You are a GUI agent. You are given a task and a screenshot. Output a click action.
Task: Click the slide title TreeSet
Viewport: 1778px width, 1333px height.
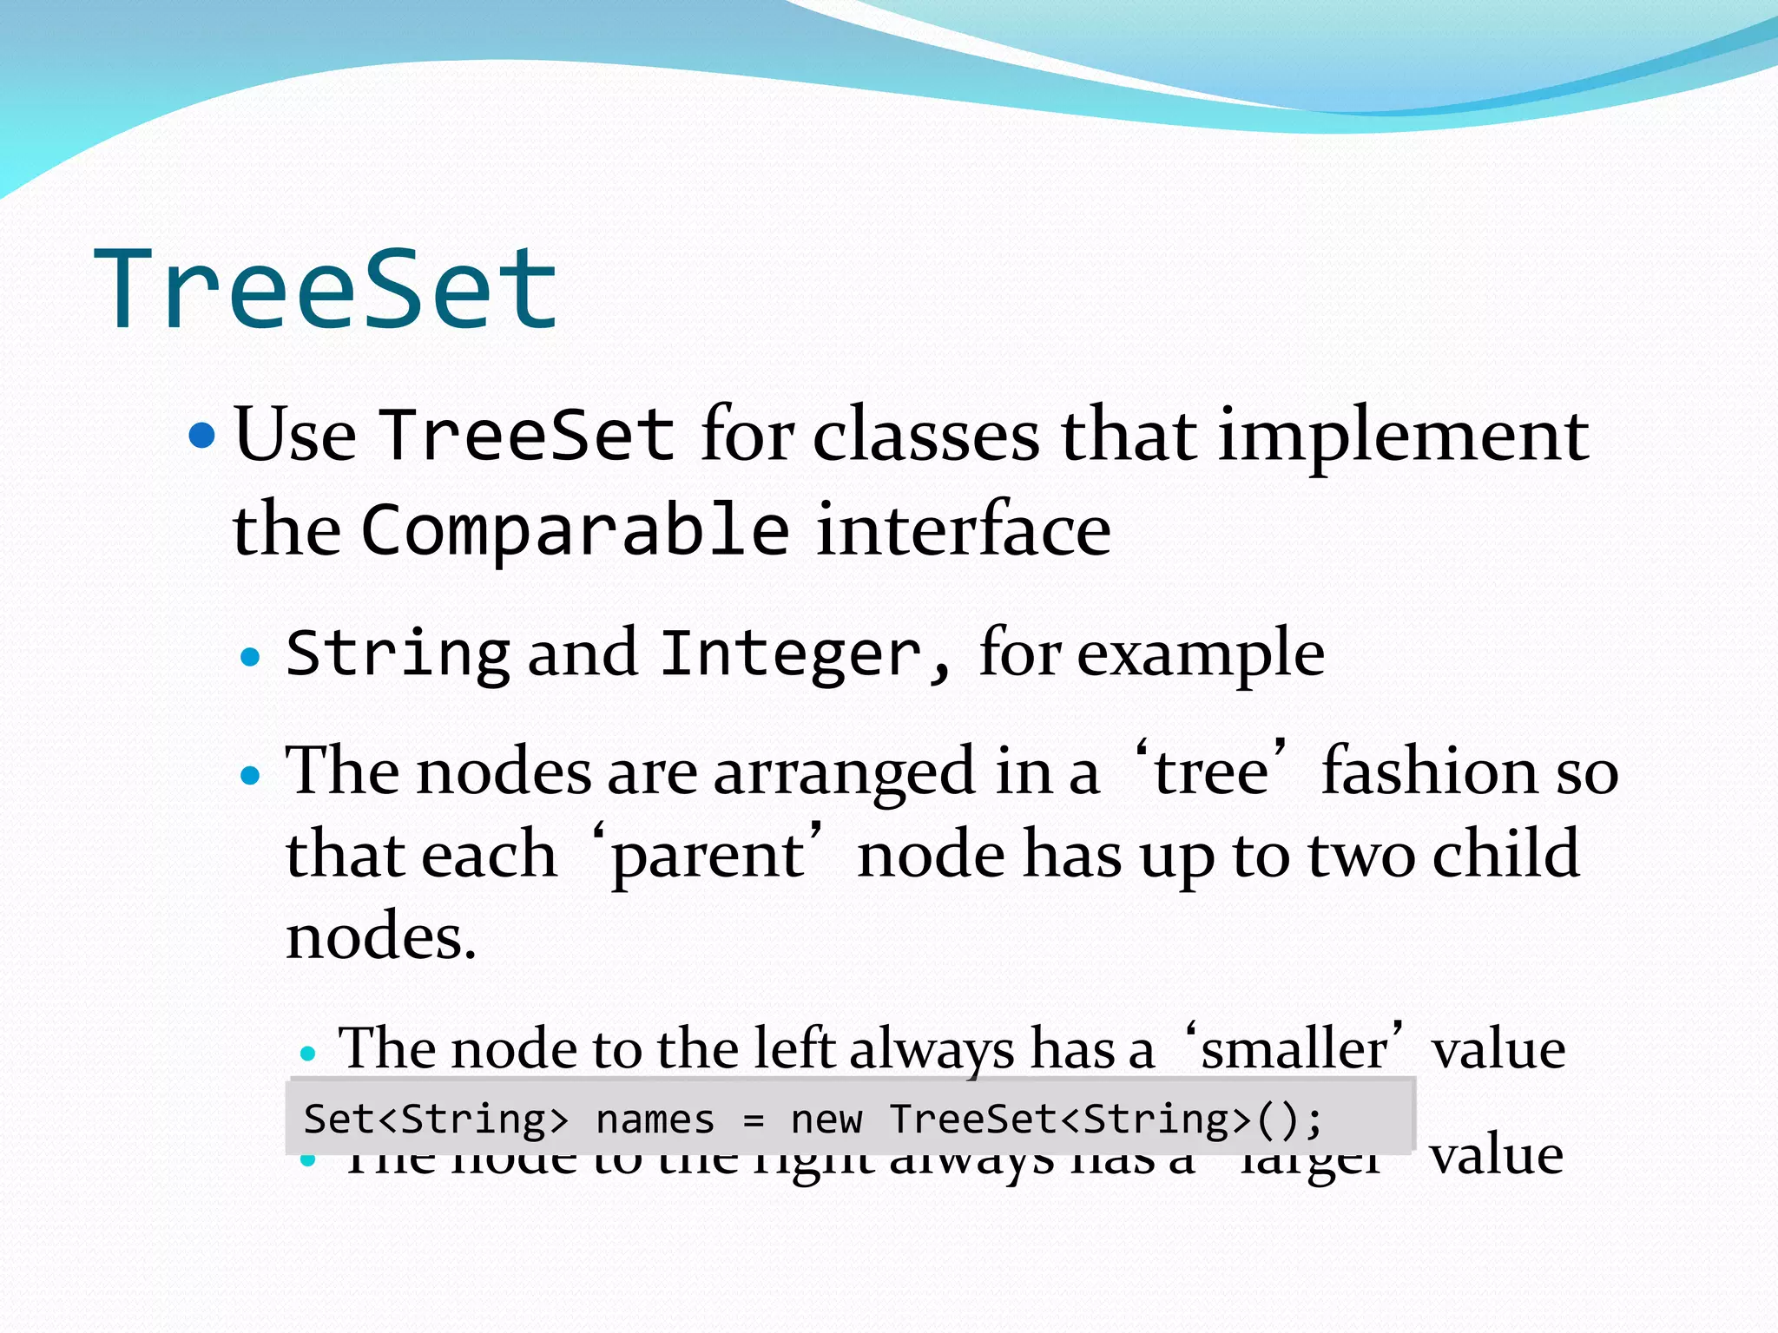click(x=326, y=289)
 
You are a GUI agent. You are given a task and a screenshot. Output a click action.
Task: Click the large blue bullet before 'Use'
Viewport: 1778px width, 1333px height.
click(x=201, y=435)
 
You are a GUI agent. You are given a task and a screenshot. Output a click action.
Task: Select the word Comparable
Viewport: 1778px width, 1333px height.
click(x=575, y=530)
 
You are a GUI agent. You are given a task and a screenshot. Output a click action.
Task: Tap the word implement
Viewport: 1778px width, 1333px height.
click(x=1403, y=437)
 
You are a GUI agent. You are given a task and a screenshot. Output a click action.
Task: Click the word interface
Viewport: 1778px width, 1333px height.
click(x=963, y=530)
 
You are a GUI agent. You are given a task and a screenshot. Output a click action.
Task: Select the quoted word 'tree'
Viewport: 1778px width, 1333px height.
click(x=1210, y=771)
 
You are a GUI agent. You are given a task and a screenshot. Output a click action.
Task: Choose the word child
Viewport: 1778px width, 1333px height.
click(x=1505, y=854)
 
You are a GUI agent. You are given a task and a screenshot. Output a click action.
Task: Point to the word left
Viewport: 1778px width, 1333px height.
click(x=794, y=1049)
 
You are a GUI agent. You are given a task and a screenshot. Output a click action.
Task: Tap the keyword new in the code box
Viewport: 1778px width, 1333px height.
click(x=826, y=1120)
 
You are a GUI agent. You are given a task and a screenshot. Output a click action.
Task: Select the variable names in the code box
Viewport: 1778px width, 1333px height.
click(x=655, y=1120)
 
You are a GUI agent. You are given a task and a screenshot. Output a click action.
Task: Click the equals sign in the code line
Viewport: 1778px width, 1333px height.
click(x=753, y=1120)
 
